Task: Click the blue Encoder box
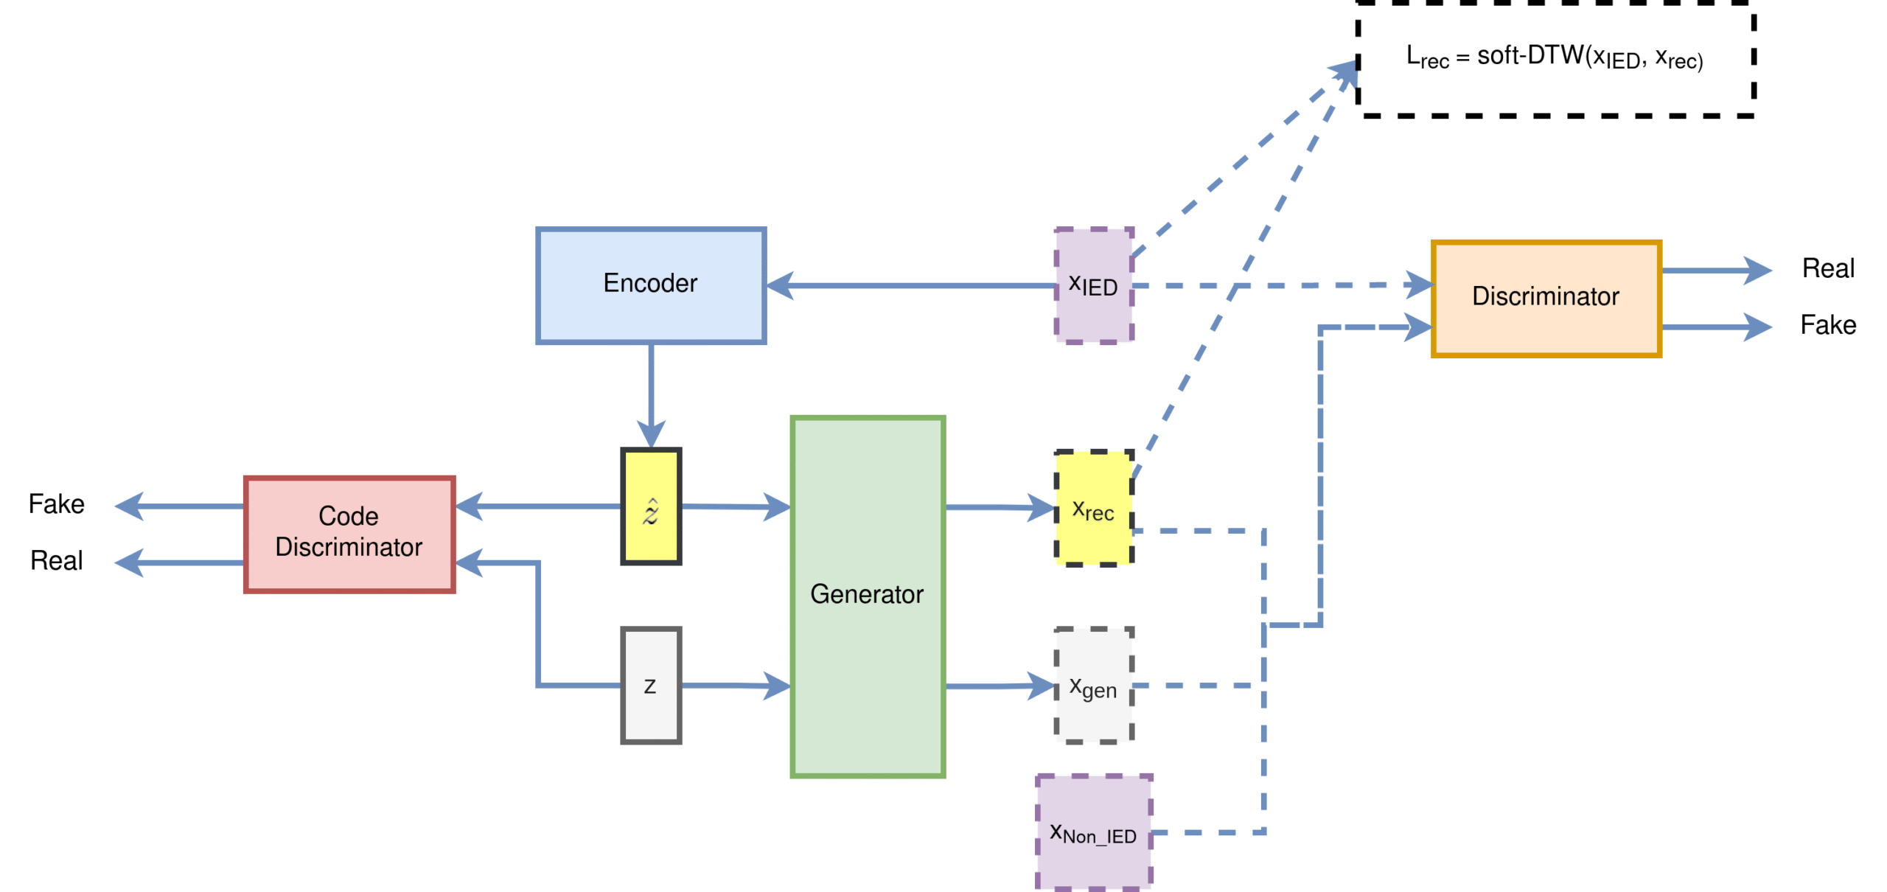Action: (x=650, y=285)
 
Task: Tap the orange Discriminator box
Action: (x=1545, y=298)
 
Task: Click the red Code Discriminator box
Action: (x=349, y=534)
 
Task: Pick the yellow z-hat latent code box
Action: (x=650, y=506)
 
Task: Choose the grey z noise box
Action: (x=650, y=685)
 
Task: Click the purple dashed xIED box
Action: (x=1094, y=285)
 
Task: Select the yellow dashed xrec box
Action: (x=1094, y=508)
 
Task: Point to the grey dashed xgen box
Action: (x=1094, y=685)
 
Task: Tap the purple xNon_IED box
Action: (x=1094, y=832)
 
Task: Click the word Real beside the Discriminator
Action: (x=1827, y=268)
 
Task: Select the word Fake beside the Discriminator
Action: (x=1827, y=325)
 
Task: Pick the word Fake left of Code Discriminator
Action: (x=56, y=504)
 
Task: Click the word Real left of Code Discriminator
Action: (x=56, y=561)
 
